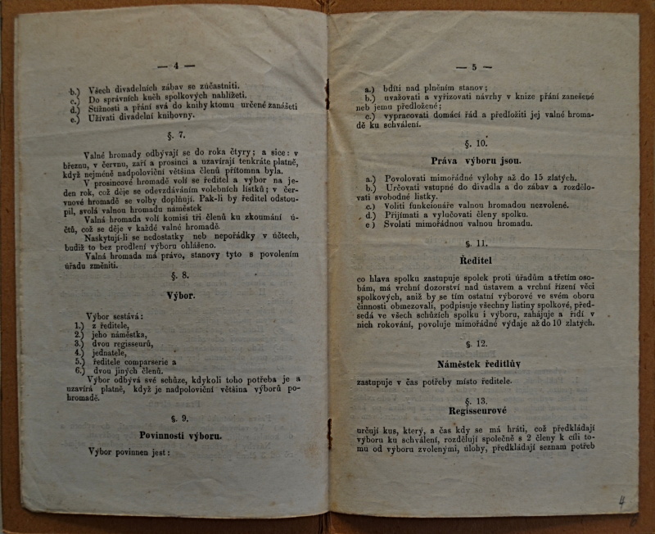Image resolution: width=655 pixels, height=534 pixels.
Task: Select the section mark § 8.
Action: click(x=179, y=276)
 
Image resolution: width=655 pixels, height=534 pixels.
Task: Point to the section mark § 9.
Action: click(x=179, y=418)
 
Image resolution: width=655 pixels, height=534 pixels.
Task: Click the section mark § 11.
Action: click(x=475, y=243)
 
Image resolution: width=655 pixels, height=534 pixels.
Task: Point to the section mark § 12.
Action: click(x=476, y=343)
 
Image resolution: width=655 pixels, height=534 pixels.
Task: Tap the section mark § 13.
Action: click(x=475, y=400)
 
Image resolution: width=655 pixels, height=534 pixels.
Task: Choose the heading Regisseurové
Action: click(x=475, y=412)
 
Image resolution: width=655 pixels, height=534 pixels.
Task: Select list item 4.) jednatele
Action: click(x=105, y=351)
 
